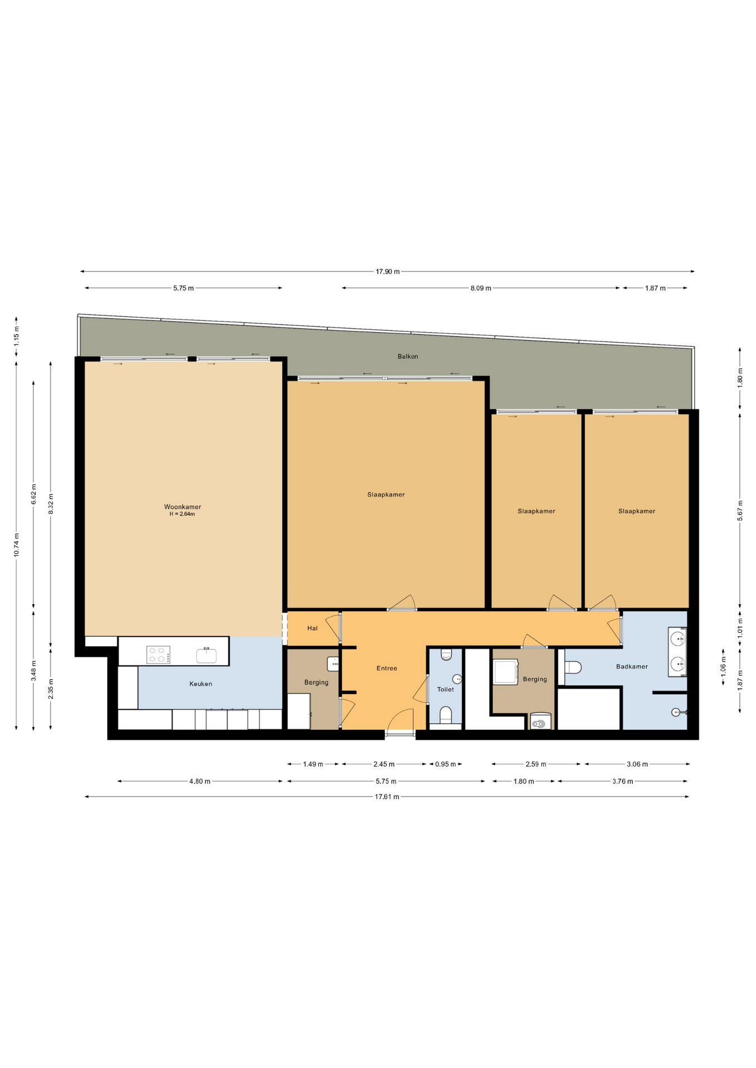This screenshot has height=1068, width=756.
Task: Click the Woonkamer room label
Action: [183, 507]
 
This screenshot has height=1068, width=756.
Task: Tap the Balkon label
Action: [408, 357]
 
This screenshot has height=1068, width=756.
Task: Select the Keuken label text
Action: [200, 684]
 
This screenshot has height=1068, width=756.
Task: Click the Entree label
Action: [386, 668]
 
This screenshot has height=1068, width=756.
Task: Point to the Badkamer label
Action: [632, 666]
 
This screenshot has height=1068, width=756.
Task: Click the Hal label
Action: [312, 628]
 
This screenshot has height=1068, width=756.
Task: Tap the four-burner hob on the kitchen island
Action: [158, 655]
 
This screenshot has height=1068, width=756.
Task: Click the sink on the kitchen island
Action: [206, 655]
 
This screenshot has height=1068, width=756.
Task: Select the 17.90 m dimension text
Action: [387, 272]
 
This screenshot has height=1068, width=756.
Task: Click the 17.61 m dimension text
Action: [387, 797]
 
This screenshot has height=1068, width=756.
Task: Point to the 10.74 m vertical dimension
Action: [17, 545]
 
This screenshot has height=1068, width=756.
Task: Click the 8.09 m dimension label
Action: [480, 288]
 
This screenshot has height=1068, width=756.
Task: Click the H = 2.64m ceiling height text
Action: [183, 514]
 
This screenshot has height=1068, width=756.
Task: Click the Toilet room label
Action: [445, 689]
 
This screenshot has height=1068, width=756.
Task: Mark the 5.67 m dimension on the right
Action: [740, 511]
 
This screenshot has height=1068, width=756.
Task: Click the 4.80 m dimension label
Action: [200, 782]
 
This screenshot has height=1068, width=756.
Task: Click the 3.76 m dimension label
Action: [622, 782]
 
